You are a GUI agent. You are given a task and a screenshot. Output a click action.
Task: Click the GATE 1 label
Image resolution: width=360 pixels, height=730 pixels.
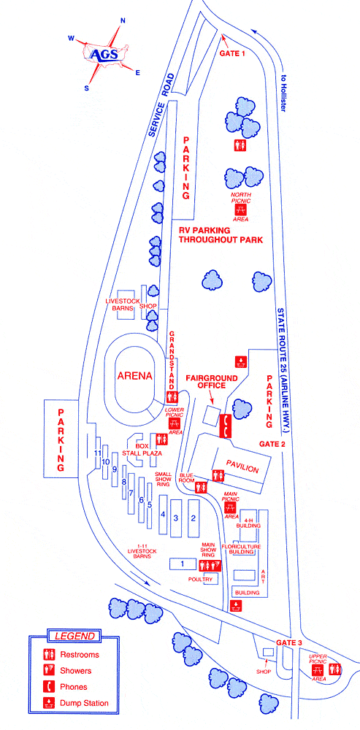(233, 53)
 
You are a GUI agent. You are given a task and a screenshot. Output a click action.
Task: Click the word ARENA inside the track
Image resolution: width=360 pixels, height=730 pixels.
(133, 377)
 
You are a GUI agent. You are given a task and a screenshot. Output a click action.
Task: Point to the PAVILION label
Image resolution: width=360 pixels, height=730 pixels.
(242, 469)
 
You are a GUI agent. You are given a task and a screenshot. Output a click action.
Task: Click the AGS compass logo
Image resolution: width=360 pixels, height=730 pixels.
(103, 53)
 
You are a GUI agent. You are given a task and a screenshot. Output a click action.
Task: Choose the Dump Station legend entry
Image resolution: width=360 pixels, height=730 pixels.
(84, 704)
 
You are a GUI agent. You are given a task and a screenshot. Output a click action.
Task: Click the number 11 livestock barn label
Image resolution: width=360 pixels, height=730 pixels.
(97, 453)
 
